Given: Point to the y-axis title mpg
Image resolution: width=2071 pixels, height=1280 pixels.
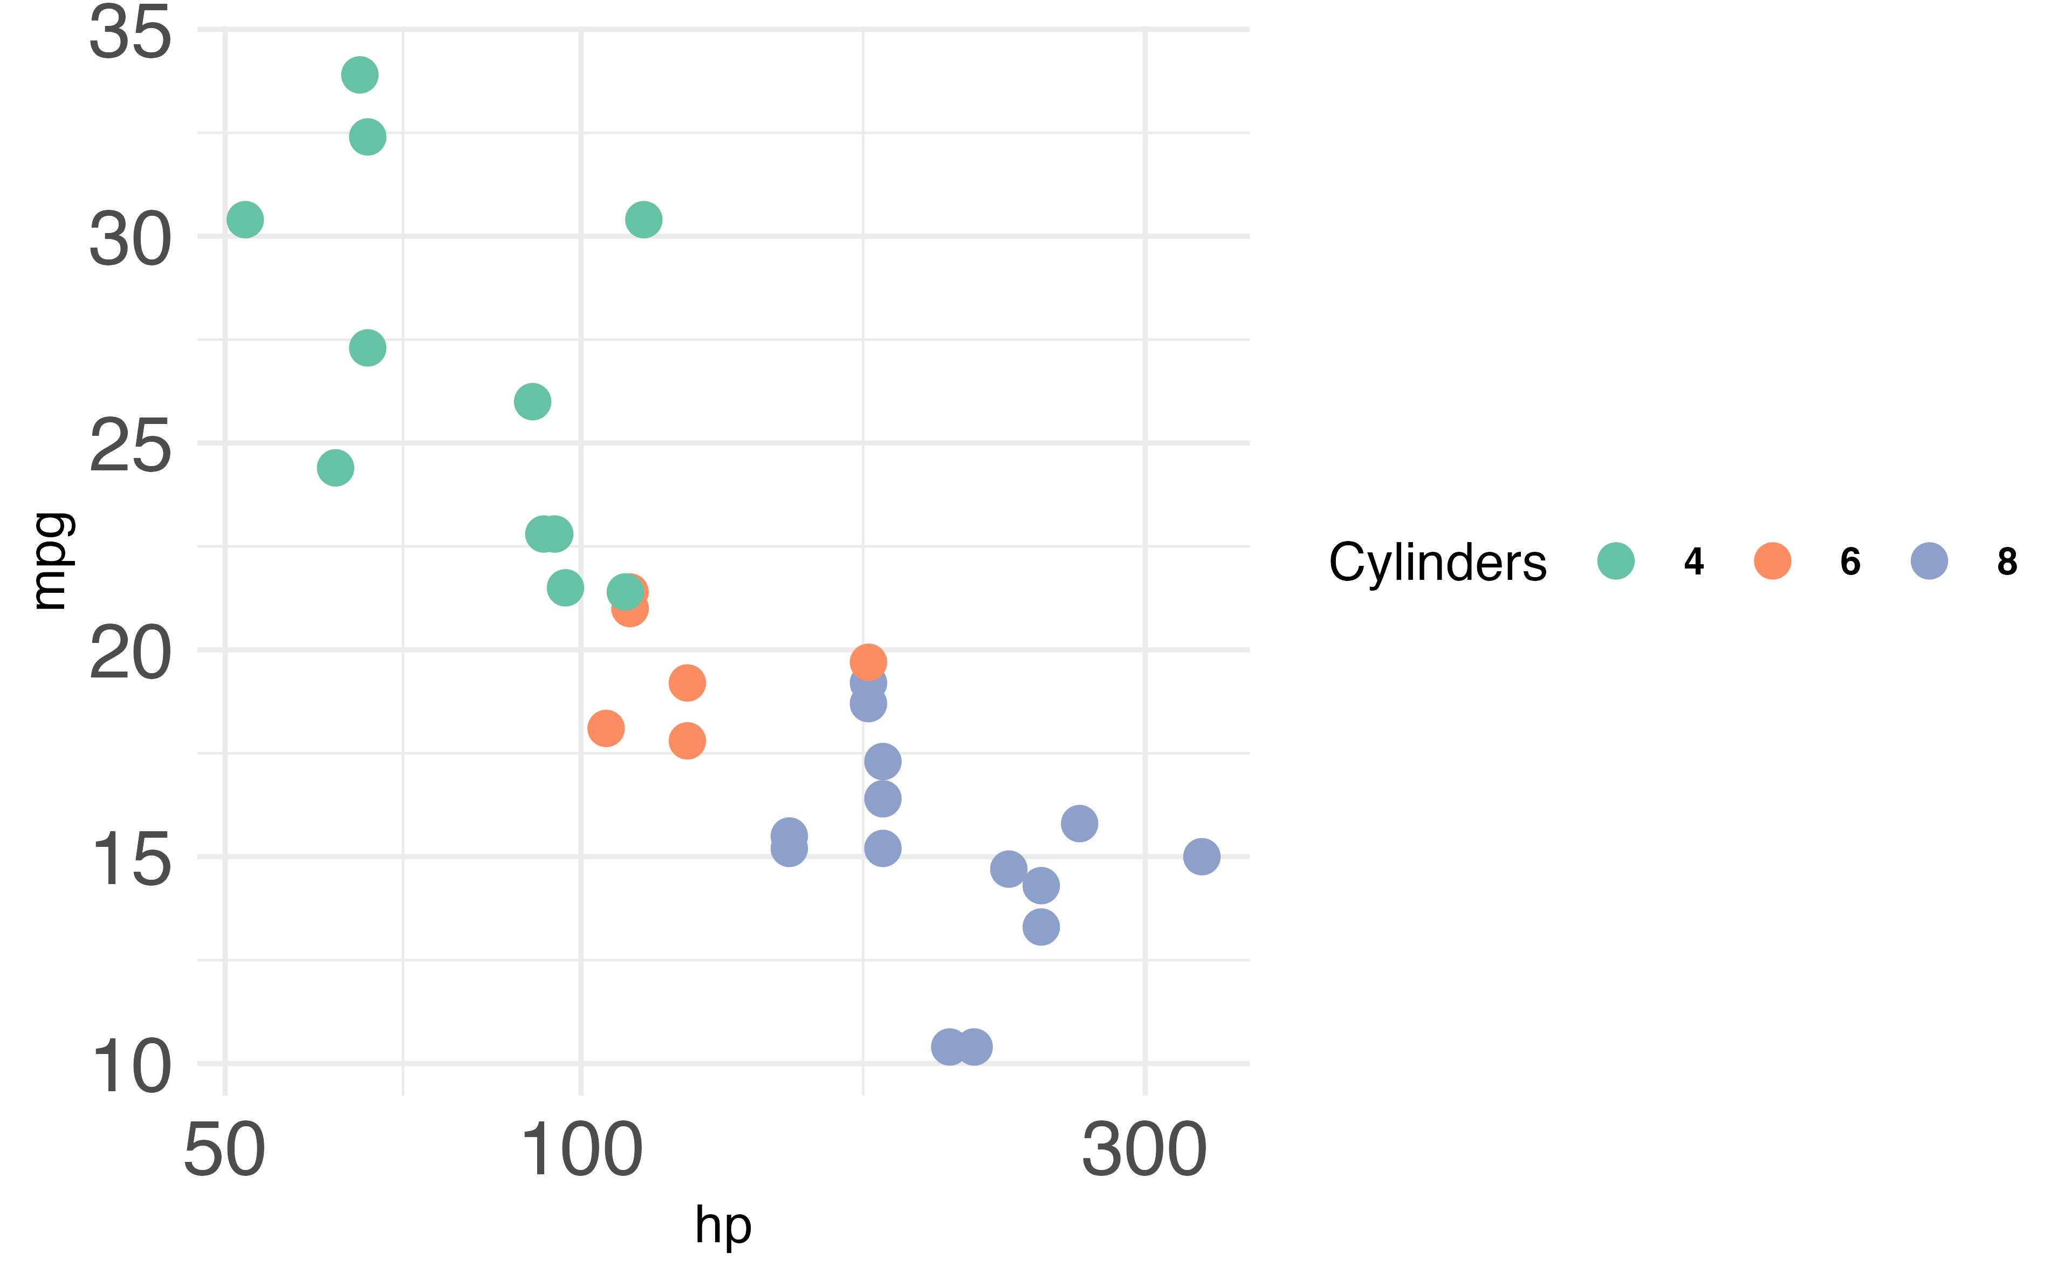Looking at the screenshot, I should pos(51,562).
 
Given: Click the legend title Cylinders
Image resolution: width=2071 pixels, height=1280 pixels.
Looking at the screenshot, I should pos(1437,562).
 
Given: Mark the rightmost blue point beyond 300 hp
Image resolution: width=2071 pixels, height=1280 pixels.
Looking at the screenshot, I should pos(1202,857).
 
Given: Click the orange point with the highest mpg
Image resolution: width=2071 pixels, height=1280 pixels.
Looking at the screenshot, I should pos(868,662).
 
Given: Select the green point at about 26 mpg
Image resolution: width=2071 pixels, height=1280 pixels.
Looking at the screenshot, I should pos(532,401).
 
